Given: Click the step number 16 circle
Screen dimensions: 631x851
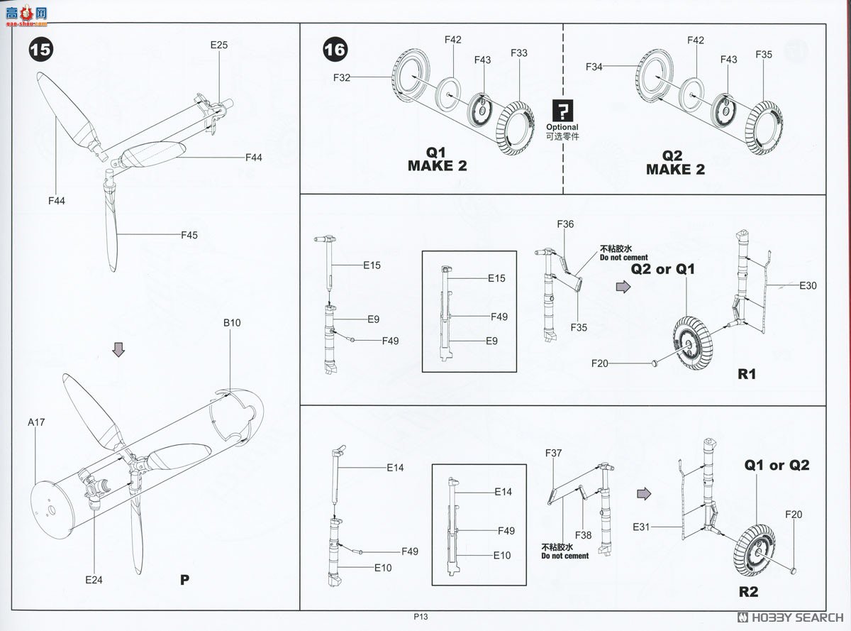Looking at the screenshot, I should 335,49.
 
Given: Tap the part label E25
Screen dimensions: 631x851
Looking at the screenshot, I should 218,45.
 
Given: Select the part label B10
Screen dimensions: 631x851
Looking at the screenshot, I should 232,322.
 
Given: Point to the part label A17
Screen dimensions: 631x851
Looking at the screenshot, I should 36,422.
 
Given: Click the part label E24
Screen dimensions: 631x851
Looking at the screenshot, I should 94,580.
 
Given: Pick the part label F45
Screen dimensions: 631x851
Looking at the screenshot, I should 189,235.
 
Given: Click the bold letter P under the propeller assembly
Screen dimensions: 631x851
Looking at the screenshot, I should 184,580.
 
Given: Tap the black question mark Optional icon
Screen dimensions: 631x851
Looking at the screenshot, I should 562,111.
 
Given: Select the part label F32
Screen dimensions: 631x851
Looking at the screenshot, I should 341,78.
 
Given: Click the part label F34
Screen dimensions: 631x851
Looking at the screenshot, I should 594,67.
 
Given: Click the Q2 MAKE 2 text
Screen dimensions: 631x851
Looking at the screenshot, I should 674,163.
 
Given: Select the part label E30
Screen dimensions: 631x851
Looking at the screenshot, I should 808,286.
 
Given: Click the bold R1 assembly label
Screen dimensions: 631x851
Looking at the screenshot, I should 747,373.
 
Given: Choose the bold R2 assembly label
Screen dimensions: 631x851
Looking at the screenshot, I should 749,592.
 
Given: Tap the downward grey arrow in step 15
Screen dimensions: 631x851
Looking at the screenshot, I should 119,349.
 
